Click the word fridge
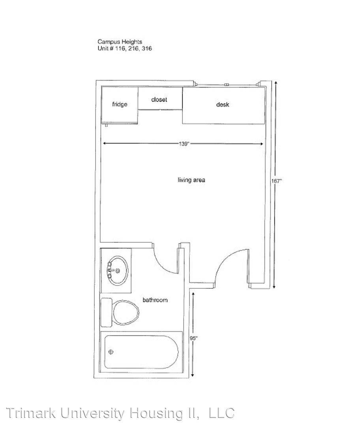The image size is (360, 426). pyautogui.click(x=120, y=105)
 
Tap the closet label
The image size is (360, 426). pyautogui.click(x=159, y=100)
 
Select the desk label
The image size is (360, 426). pyautogui.click(x=223, y=105)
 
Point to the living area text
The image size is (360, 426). pyautogui.click(x=191, y=180)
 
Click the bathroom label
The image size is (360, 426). pyautogui.click(x=155, y=300)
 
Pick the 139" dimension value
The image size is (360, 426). pyautogui.click(x=184, y=144)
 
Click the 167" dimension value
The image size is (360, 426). pyautogui.click(x=277, y=181)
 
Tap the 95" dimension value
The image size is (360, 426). pyautogui.click(x=193, y=338)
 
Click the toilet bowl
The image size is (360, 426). pyautogui.click(x=126, y=312)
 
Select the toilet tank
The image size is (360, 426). pyautogui.click(x=106, y=312)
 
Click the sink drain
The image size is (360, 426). pyautogui.click(x=118, y=271)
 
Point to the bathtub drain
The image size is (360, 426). pyautogui.click(x=111, y=352)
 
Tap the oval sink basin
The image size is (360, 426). pyautogui.click(x=118, y=270)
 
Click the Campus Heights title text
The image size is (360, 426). pyautogui.click(x=120, y=42)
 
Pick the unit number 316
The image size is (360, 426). pyautogui.click(x=147, y=49)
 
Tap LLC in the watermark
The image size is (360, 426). pyautogui.click(x=221, y=413)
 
